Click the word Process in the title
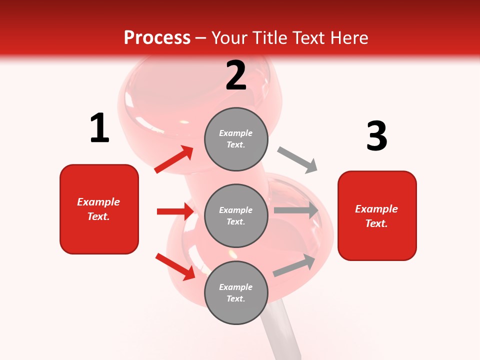[x=157, y=38]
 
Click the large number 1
[x=99, y=128]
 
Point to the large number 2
[x=236, y=75]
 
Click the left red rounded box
[x=99, y=209]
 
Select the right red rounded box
[x=377, y=216]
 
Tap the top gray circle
[x=236, y=139]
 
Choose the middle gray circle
[x=236, y=215]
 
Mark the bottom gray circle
[x=236, y=292]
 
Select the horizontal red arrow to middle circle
[x=175, y=211]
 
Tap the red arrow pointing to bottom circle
[x=175, y=266]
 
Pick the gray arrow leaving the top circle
[x=297, y=160]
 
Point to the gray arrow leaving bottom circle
[x=294, y=265]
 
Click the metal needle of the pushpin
[x=282, y=330]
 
